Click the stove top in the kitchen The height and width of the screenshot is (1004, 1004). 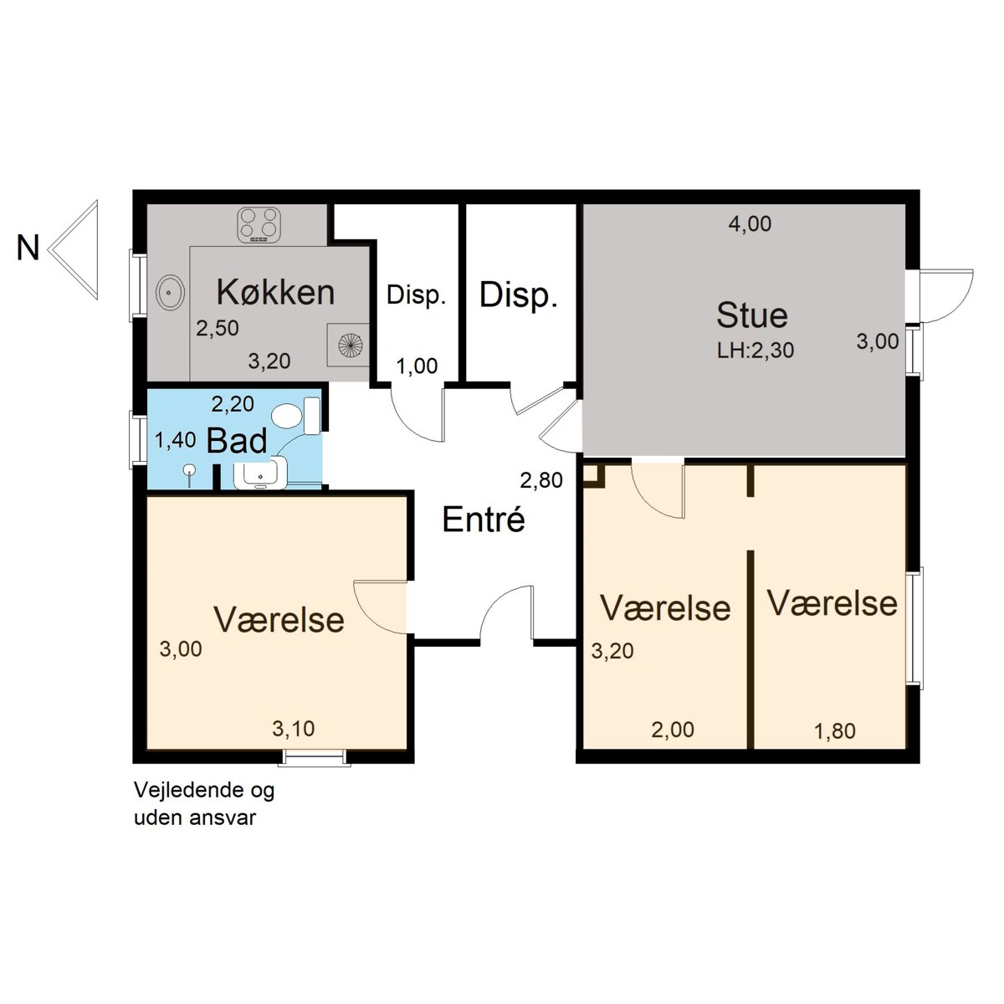click(x=259, y=224)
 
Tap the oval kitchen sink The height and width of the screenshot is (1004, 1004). click(x=170, y=292)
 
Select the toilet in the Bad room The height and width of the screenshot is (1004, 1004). click(x=295, y=416)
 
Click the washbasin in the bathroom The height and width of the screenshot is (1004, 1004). click(x=260, y=474)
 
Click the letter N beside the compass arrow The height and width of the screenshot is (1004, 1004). click(x=28, y=248)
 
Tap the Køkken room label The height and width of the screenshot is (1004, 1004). click(x=275, y=292)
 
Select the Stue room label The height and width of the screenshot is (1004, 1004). click(x=751, y=315)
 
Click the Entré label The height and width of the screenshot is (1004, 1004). click(x=483, y=519)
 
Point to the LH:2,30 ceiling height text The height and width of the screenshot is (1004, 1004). click(x=756, y=350)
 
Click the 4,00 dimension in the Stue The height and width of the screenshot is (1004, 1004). click(x=750, y=224)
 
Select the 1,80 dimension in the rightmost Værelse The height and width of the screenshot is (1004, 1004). click(x=835, y=731)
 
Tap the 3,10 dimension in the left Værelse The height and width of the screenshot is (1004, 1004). click(x=294, y=729)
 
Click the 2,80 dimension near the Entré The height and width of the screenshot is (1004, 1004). click(x=541, y=480)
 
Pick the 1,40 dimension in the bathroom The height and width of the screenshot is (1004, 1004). click(x=175, y=440)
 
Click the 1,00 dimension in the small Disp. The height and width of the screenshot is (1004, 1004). click(x=417, y=366)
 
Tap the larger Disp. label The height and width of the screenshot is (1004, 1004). click(x=519, y=295)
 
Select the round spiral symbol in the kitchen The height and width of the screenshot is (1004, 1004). click(x=350, y=345)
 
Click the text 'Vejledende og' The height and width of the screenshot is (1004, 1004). click(x=203, y=791)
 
